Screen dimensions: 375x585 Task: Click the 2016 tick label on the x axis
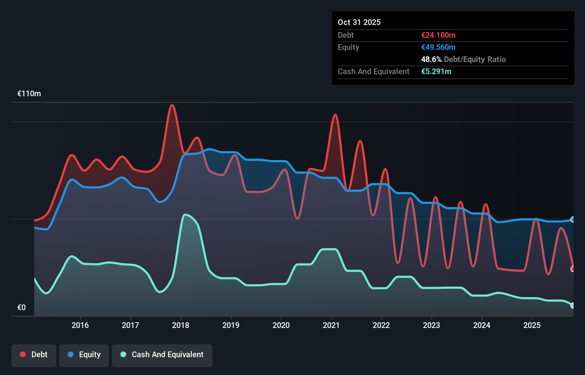pyautogui.click(x=80, y=325)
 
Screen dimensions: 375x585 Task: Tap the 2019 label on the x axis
pyautogui.click(x=231, y=325)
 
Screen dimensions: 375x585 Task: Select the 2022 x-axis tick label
pyautogui.click(x=381, y=325)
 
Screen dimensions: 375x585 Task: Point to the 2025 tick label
pyautogui.click(x=532, y=325)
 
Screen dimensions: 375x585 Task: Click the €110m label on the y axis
pyautogui.click(x=29, y=94)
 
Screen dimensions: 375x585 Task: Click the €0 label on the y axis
pyautogui.click(x=21, y=307)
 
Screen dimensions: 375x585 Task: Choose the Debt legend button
pyautogui.click(x=34, y=355)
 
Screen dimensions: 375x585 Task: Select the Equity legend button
pyautogui.click(x=84, y=355)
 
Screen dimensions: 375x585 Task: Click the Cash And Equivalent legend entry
pyautogui.click(x=162, y=355)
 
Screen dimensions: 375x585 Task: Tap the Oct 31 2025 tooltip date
pyautogui.click(x=359, y=22)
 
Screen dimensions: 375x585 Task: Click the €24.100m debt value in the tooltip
pyautogui.click(x=438, y=35)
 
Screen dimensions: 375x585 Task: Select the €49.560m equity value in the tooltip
pyautogui.click(x=438, y=47)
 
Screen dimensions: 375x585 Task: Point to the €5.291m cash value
pyautogui.click(x=436, y=71)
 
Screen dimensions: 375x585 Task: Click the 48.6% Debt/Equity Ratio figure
pyautogui.click(x=463, y=59)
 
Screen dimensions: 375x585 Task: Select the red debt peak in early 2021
pyautogui.click(x=335, y=115)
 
